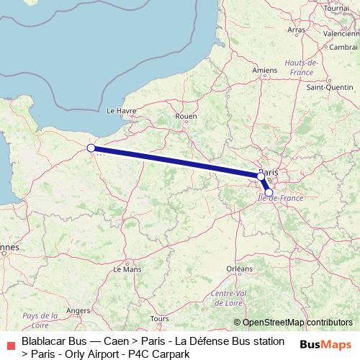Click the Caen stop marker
pos(91,148)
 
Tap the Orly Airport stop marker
pos(269,193)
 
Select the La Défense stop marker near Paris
pos(261,176)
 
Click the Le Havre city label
pos(121,111)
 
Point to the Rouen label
pos(186,116)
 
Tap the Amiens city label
pos(266,70)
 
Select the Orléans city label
pos(239,268)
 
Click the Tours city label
pos(160,318)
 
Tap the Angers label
pos(78,310)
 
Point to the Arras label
pos(296,30)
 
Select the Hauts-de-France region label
pos(301,67)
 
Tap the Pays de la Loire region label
pos(40,320)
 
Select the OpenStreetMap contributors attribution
pos(297,323)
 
